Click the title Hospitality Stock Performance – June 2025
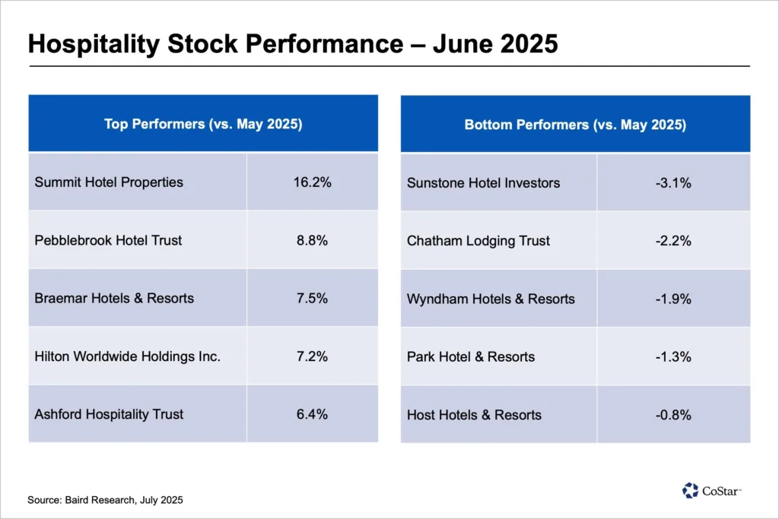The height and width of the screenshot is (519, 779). click(x=293, y=43)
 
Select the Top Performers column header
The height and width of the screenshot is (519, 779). click(x=203, y=124)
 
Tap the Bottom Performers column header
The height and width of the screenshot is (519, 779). click(x=575, y=125)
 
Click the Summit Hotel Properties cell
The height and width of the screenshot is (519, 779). click(x=109, y=182)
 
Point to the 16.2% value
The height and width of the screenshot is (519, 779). click(x=312, y=182)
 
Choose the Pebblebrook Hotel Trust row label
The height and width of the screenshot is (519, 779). click(x=108, y=240)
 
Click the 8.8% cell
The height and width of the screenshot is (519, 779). click(x=312, y=240)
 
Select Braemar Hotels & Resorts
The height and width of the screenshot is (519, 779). click(x=114, y=298)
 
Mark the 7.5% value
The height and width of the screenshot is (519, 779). click(x=312, y=298)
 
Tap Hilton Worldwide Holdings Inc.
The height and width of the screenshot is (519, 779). click(x=127, y=356)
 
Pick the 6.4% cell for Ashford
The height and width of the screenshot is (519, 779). click(x=312, y=414)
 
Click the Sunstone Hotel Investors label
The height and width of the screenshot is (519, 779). click(x=483, y=183)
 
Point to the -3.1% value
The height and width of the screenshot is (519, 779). click(x=673, y=183)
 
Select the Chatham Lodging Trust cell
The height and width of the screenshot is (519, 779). click(x=479, y=241)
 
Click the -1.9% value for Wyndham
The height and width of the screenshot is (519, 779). click(x=673, y=299)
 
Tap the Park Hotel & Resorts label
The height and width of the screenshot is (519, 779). click(x=471, y=356)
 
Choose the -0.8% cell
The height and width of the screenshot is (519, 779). click(x=673, y=415)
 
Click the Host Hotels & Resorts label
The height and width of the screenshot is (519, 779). click(x=474, y=415)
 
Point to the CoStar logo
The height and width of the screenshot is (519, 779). click(x=711, y=491)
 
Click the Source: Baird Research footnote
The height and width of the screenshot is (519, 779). click(x=105, y=500)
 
